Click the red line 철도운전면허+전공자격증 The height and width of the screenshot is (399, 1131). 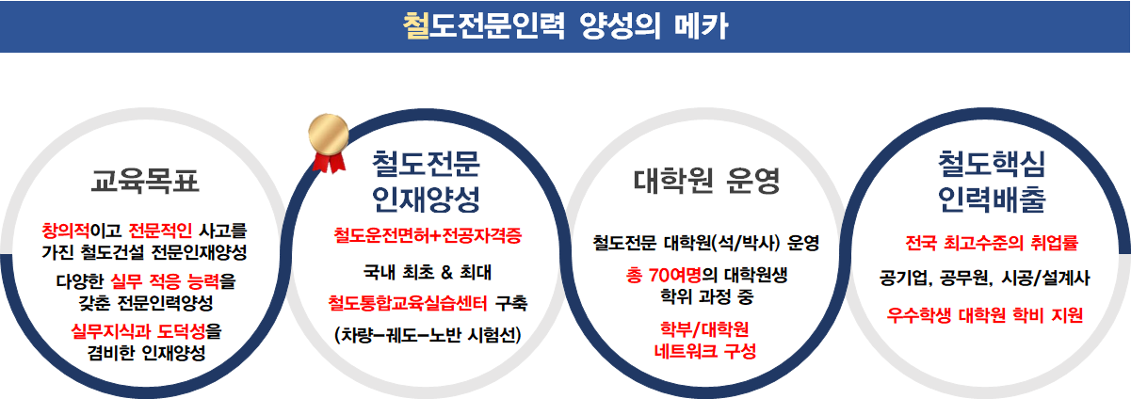(x=428, y=233)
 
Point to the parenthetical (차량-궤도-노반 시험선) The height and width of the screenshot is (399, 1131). (x=428, y=334)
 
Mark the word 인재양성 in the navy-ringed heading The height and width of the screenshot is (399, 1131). (x=427, y=199)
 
